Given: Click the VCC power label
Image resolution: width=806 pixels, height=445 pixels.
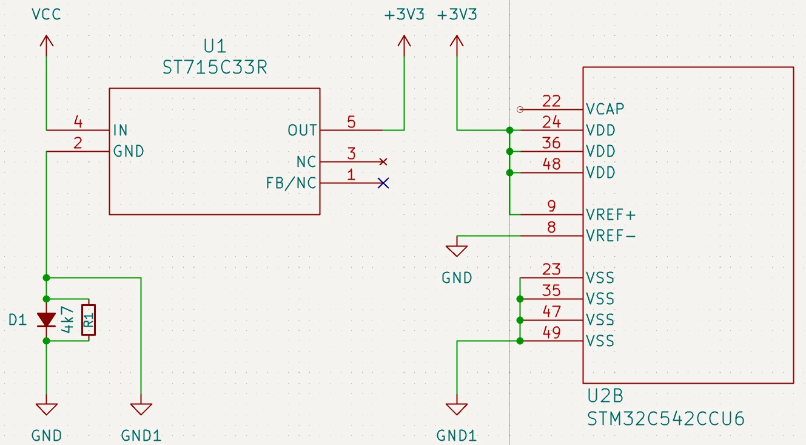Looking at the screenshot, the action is tap(47, 15).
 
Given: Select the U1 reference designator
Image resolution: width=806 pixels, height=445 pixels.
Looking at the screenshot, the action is tap(215, 46).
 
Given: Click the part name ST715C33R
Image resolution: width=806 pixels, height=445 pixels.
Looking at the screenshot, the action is tap(215, 67).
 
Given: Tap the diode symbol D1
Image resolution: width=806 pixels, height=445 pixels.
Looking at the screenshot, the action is tap(47, 319).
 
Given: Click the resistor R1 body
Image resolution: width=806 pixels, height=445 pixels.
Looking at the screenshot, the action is tap(89, 320).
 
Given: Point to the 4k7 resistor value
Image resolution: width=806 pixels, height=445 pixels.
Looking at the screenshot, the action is tap(67, 319).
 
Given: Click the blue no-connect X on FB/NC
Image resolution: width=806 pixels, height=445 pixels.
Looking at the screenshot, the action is tap(383, 183).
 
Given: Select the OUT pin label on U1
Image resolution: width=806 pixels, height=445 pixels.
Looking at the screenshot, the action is tap(302, 130).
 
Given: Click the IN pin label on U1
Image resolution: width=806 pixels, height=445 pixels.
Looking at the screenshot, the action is tap(120, 130).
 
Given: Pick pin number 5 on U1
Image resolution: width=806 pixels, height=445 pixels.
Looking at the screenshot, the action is tap(352, 122).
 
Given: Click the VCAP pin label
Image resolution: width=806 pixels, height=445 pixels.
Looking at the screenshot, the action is tap(605, 109).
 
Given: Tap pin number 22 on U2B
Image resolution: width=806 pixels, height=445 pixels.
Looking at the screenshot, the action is tap(552, 101).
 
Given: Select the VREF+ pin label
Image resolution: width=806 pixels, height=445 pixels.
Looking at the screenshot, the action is tap(611, 215).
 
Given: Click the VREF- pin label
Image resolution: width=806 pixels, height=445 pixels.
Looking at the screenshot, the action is tap(611, 236).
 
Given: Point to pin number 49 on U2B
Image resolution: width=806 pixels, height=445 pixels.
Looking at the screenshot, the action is tap(552, 333).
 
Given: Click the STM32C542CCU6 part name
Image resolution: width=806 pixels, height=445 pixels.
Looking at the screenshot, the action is tap(666, 419).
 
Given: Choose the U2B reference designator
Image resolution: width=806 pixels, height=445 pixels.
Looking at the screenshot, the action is tap(605, 396).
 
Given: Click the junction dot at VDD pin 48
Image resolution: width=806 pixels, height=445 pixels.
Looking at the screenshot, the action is tap(509, 173).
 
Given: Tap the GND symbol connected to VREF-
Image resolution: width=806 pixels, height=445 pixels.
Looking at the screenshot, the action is tap(457, 251).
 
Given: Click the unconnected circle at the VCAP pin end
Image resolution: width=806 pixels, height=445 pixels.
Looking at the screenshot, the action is tap(520, 109).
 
